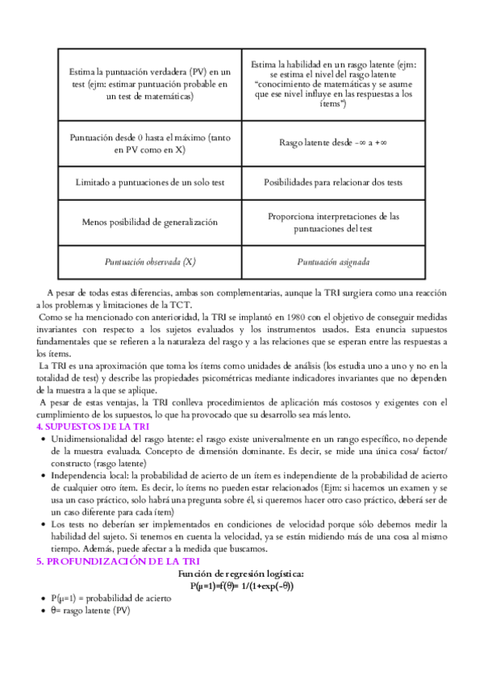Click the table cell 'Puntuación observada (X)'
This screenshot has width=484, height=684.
(x=150, y=262)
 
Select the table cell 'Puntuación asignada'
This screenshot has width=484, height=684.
(x=333, y=262)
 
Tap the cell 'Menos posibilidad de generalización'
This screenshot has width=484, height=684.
(x=150, y=222)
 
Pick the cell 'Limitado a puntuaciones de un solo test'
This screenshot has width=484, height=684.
(x=150, y=182)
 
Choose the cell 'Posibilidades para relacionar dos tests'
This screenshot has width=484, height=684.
(x=333, y=182)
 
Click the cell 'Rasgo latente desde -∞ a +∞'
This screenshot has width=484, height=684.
(x=333, y=143)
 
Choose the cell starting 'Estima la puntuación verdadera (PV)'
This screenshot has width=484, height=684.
(x=150, y=84)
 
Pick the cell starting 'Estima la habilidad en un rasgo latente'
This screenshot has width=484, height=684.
(x=333, y=84)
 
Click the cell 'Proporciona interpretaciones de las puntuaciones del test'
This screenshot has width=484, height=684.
(x=333, y=222)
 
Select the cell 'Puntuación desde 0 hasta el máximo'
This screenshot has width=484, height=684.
(x=150, y=143)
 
